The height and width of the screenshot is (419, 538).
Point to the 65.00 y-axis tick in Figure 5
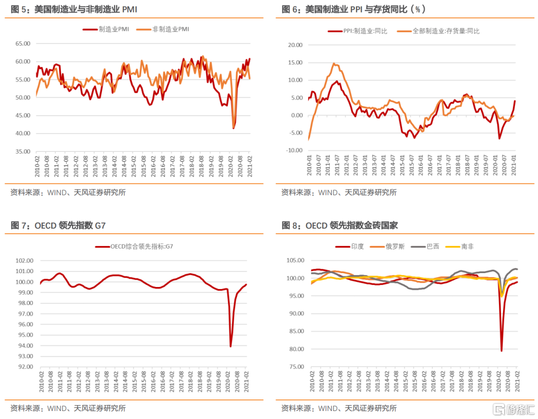[22, 44]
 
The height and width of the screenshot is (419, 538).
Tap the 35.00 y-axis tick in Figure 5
[22, 151]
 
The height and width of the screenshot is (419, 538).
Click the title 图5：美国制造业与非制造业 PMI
[74, 10]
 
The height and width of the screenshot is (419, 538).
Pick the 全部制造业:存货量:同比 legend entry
[439, 31]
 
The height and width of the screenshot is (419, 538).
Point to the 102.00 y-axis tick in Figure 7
[24, 261]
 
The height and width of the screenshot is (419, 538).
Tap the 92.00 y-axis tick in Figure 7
[24, 367]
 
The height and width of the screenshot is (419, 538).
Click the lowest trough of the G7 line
[231, 346]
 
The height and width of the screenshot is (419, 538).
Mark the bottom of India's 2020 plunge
[501, 350]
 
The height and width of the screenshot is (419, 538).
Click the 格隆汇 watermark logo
[513, 410]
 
